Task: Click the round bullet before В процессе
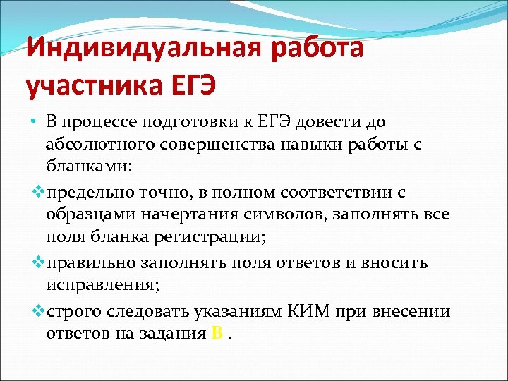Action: point(33,123)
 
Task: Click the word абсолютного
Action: point(101,146)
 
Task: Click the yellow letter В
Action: point(217,333)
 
